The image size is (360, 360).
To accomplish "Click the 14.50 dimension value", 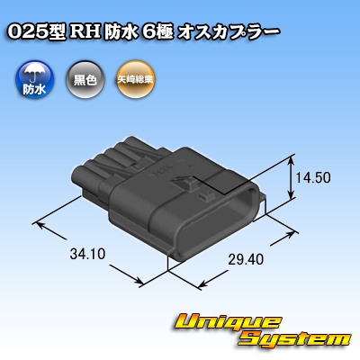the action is coord(313,177).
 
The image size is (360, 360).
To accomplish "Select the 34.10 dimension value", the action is coord(87,254).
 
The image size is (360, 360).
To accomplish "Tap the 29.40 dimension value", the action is coord(246,259).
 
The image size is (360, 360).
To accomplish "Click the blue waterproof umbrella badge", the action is coord(34,80).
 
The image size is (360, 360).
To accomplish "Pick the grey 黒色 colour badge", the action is coord(85,80).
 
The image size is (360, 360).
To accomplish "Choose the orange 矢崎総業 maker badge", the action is coord(135,80).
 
